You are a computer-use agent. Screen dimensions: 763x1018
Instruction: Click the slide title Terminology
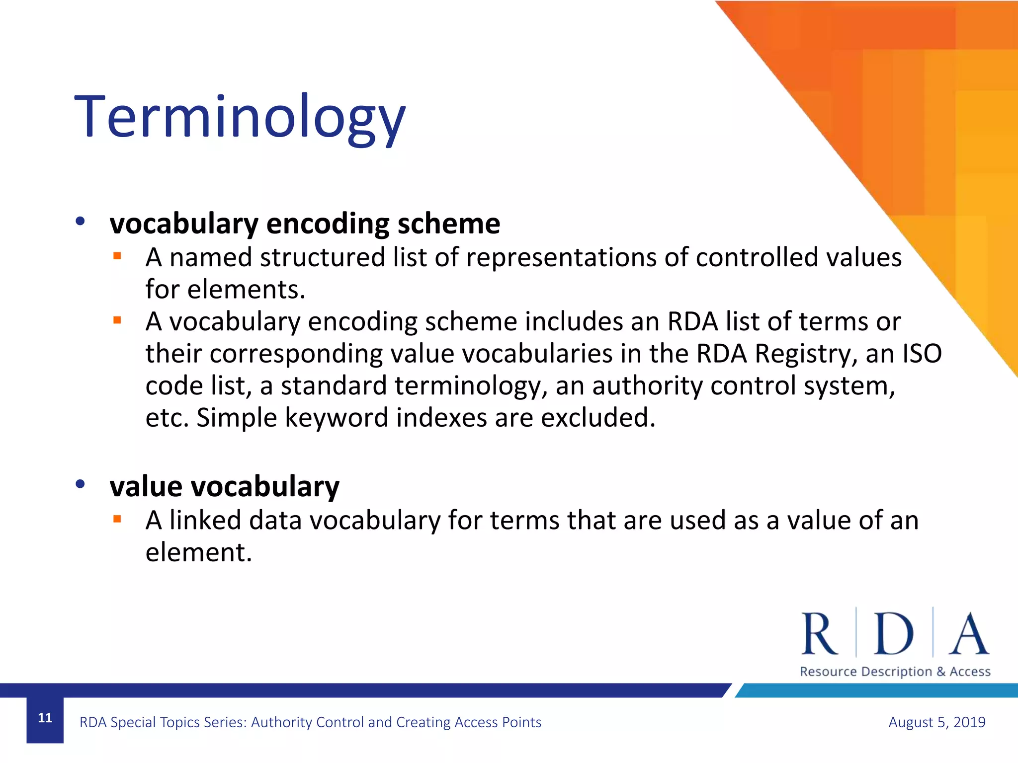(240, 118)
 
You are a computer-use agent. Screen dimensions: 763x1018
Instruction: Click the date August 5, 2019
(936, 722)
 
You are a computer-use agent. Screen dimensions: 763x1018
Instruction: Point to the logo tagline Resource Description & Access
(895, 672)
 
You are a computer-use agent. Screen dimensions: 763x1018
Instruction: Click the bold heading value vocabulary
(225, 486)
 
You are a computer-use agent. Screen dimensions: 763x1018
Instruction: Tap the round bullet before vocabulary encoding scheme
(81, 222)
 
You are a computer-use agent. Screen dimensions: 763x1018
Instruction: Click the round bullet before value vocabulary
(81, 484)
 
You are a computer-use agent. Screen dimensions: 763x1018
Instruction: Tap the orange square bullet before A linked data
(117, 520)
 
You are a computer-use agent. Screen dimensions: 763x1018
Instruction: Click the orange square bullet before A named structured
(117, 256)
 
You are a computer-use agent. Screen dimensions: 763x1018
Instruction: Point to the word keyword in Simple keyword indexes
(337, 417)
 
